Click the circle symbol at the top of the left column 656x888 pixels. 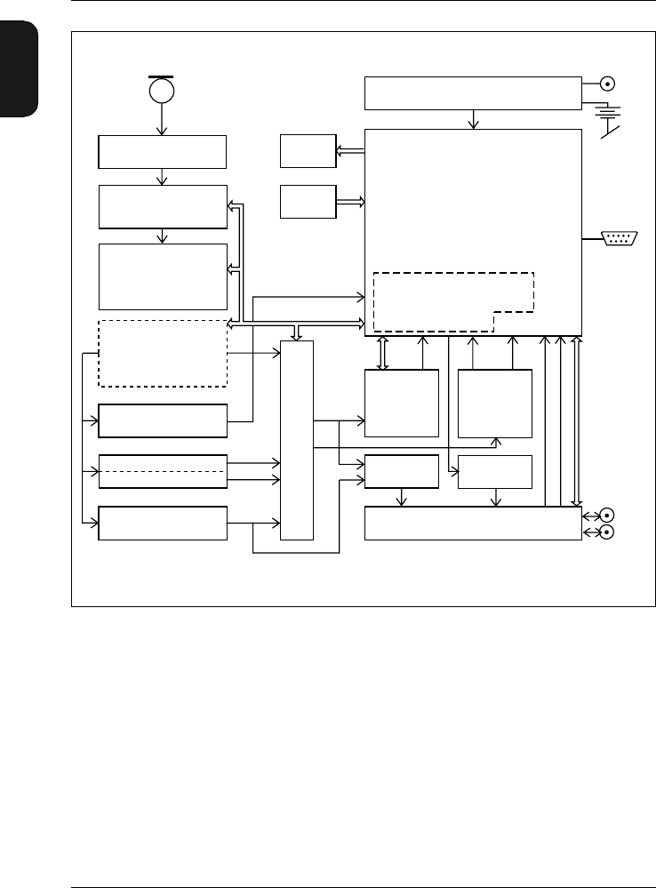(162, 91)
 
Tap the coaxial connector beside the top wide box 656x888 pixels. (608, 84)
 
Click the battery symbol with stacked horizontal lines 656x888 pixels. (608, 112)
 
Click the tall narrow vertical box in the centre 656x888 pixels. (297, 440)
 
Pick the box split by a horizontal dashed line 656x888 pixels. (163, 470)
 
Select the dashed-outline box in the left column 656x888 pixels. (163, 353)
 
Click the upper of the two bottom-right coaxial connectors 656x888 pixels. (608, 515)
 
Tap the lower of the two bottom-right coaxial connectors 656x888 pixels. (608, 532)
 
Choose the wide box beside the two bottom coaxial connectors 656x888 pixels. (473, 523)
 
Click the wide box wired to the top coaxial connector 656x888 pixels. (473, 93)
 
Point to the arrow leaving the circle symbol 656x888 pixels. (162, 119)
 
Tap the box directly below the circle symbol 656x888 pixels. (163, 152)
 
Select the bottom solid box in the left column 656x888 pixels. (163, 523)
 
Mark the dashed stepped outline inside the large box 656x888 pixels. (453, 300)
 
